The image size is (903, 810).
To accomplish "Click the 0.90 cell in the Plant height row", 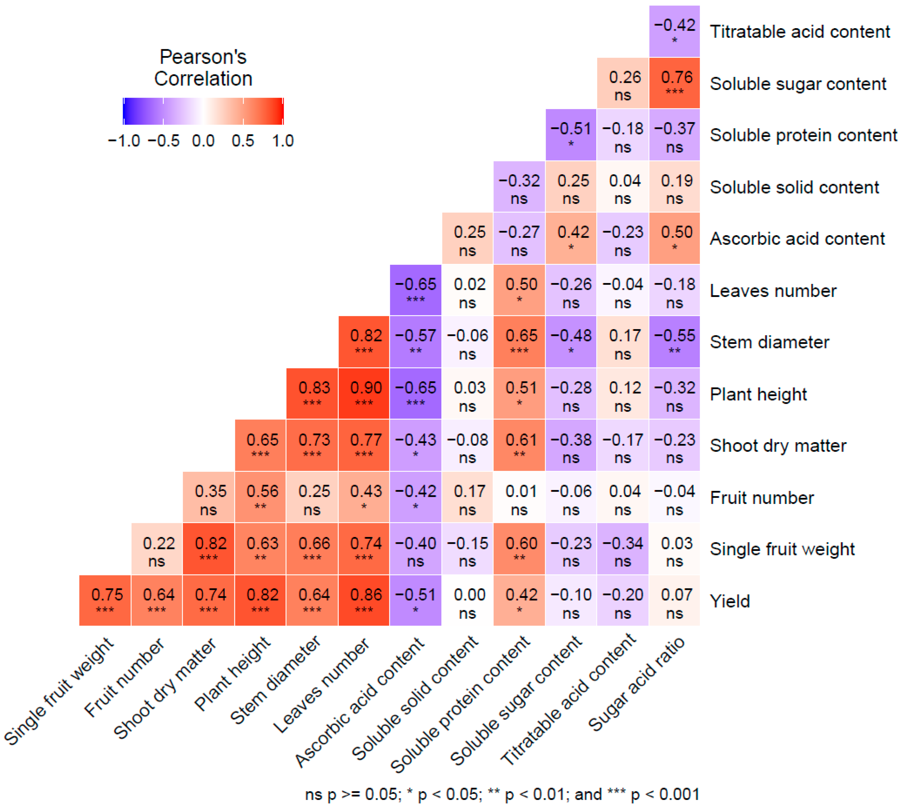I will point(364,393).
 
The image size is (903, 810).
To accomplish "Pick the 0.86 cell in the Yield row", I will point(364,600).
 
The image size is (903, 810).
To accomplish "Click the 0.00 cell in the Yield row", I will point(467,600).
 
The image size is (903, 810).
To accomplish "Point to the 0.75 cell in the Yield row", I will point(105,600).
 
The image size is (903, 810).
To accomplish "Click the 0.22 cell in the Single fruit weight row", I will point(157,549).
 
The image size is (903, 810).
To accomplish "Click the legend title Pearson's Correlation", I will point(203,68).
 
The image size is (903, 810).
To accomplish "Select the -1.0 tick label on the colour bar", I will point(124,141).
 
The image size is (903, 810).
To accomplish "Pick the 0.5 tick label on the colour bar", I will point(243,141).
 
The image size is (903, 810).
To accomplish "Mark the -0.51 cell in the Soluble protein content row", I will point(571,135).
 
